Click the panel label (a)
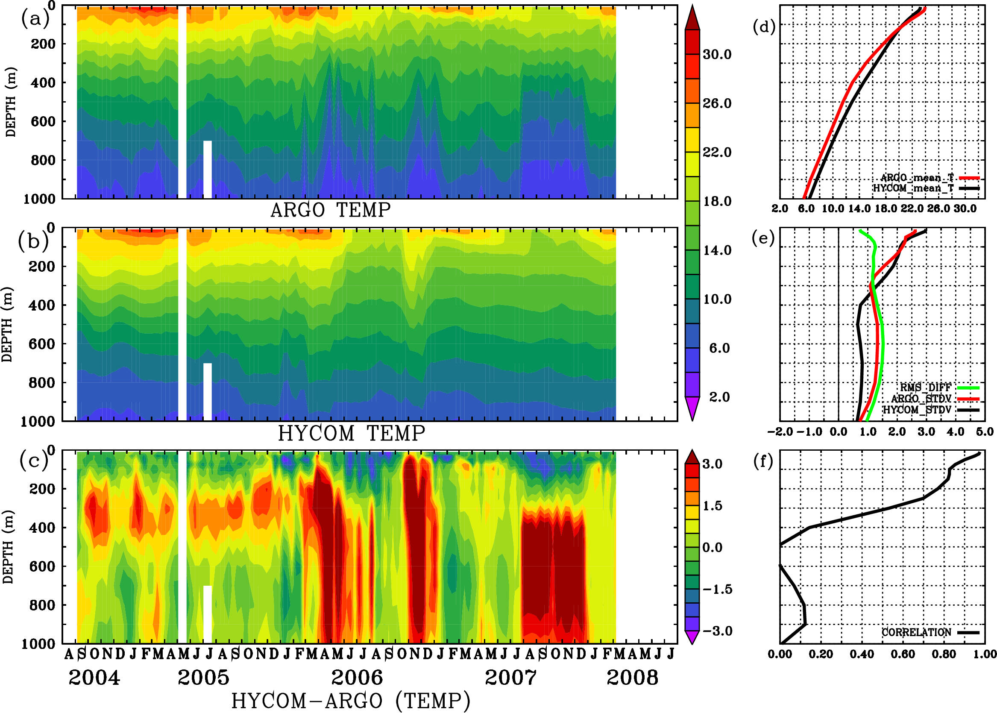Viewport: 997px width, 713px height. pos(35,19)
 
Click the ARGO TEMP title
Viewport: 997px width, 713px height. pos(330,210)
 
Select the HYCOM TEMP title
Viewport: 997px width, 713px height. pos(351,433)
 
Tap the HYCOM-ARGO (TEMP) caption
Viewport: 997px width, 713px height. pos(350,700)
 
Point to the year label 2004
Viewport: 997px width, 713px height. pos(94,678)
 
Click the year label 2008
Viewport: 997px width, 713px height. pos(632,678)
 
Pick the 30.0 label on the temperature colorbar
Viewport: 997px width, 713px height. pos(717,54)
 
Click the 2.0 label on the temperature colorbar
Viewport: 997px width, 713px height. pos(719,397)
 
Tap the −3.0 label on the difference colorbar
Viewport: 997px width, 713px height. pos(717,631)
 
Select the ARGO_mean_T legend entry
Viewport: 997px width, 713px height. pos(917,178)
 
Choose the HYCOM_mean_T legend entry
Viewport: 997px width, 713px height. pos(913,188)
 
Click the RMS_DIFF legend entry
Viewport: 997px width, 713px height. pos(925,387)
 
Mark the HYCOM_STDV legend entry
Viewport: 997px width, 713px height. pos(917,410)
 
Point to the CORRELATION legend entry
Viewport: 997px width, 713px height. pos(916,632)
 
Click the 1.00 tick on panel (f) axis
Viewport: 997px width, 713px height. pos(985,654)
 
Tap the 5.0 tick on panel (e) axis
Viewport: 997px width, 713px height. pos(985,432)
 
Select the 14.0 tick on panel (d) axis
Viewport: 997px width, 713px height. pos(859,208)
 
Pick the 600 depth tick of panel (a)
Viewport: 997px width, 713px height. pos(43,122)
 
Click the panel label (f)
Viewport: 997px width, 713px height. pos(763,462)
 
